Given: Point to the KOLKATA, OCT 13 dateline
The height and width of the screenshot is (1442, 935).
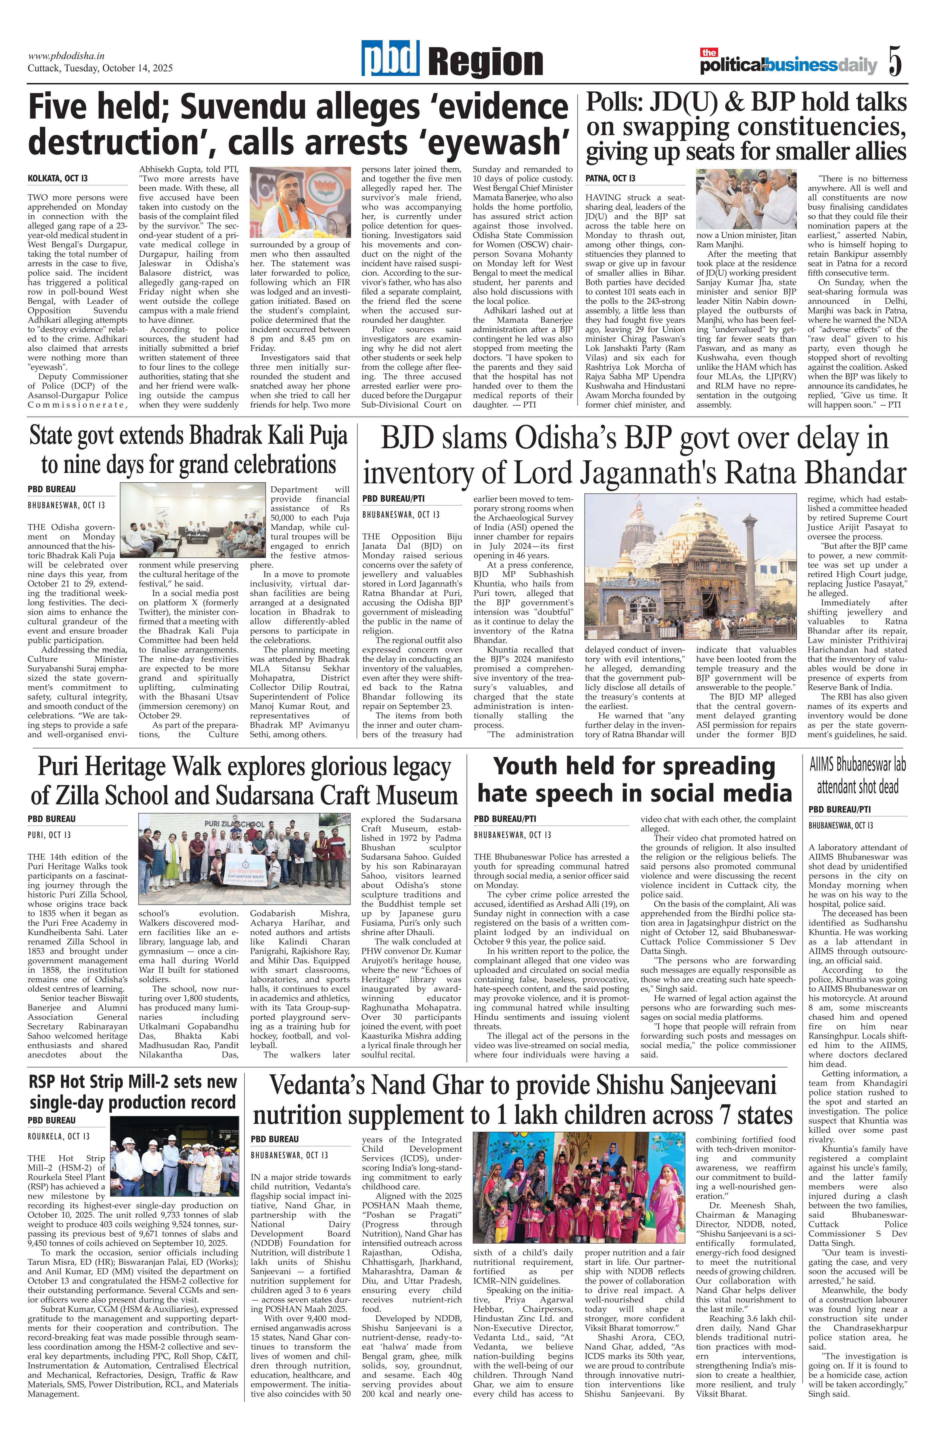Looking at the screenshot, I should click(58, 179).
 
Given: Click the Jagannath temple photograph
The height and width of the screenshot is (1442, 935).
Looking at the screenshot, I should click(690, 565).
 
